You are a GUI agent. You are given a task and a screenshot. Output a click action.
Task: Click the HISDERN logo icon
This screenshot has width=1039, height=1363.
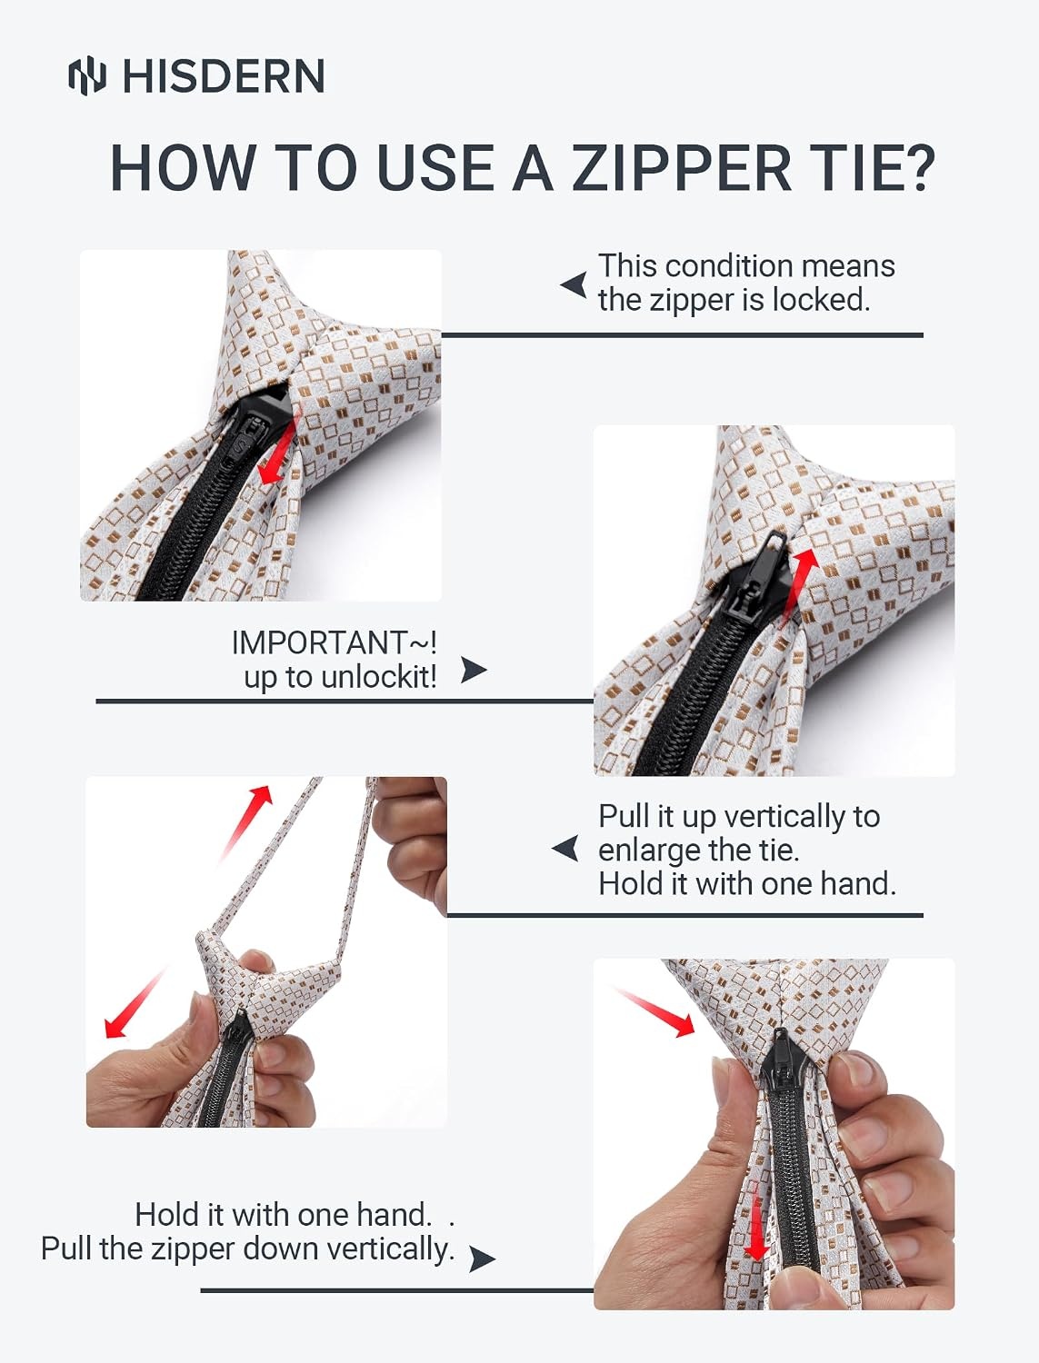click(x=87, y=75)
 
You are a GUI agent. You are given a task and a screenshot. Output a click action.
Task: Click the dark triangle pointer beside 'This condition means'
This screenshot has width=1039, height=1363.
click(x=574, y=285)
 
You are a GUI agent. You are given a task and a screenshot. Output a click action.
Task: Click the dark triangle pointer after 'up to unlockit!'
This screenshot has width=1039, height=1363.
click(x=474, y=670)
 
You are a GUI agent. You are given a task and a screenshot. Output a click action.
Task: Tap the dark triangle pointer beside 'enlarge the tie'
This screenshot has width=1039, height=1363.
click(x=565, y=848)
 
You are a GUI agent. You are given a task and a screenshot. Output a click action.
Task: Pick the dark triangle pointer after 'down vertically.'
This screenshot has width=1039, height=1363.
click(x=482, y=1259)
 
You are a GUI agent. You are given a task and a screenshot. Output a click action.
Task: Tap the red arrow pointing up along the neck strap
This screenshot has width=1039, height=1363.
click(x=246, y=821)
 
